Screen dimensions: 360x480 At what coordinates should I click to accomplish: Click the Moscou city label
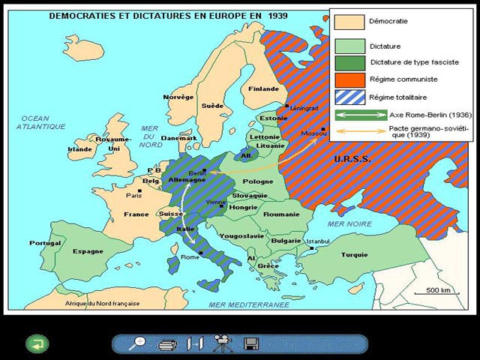pos(309,133)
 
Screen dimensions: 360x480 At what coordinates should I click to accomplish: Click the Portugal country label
pos(45,243)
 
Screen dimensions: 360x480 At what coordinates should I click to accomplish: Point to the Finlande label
pos(263,88)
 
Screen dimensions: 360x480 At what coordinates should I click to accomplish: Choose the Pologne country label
pos(258,181)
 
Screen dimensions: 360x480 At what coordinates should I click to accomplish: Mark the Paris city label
pos(134,196)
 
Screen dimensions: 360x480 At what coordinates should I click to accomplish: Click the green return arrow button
pos(37,344)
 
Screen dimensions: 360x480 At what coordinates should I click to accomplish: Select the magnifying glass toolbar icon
pos(137,343)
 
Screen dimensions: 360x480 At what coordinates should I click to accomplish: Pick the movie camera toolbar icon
pos(223,343)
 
